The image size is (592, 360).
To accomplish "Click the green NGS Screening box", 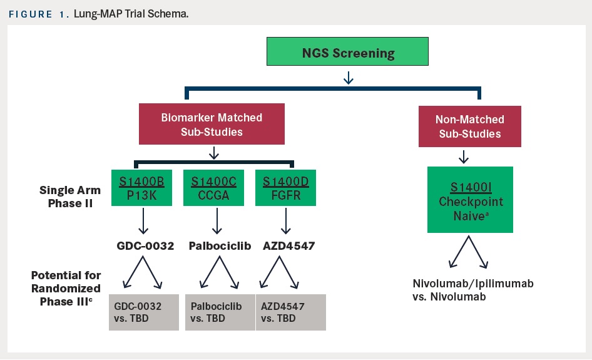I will tap(349, 52).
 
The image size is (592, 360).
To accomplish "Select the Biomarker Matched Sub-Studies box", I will tap(212, 124).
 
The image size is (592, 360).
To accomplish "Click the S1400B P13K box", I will tap(143, 188).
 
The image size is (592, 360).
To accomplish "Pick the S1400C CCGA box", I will tap(213, 188).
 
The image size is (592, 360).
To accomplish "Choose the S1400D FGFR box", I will tap(285, 188).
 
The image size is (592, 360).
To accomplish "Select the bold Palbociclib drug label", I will tap(220, 246).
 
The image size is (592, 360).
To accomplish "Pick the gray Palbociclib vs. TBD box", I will tap(220, 312).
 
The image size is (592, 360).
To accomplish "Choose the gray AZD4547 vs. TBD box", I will tap(290, 312).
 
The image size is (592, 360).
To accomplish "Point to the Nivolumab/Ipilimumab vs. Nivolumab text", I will tap(472, 290).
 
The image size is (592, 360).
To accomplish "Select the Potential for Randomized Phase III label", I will tap(66, 289).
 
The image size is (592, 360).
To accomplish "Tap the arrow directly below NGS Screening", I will tap(349, 77).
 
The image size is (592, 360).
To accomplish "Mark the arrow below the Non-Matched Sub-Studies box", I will tap(463, 156).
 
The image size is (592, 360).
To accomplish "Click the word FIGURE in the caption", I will tap(30, 13).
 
